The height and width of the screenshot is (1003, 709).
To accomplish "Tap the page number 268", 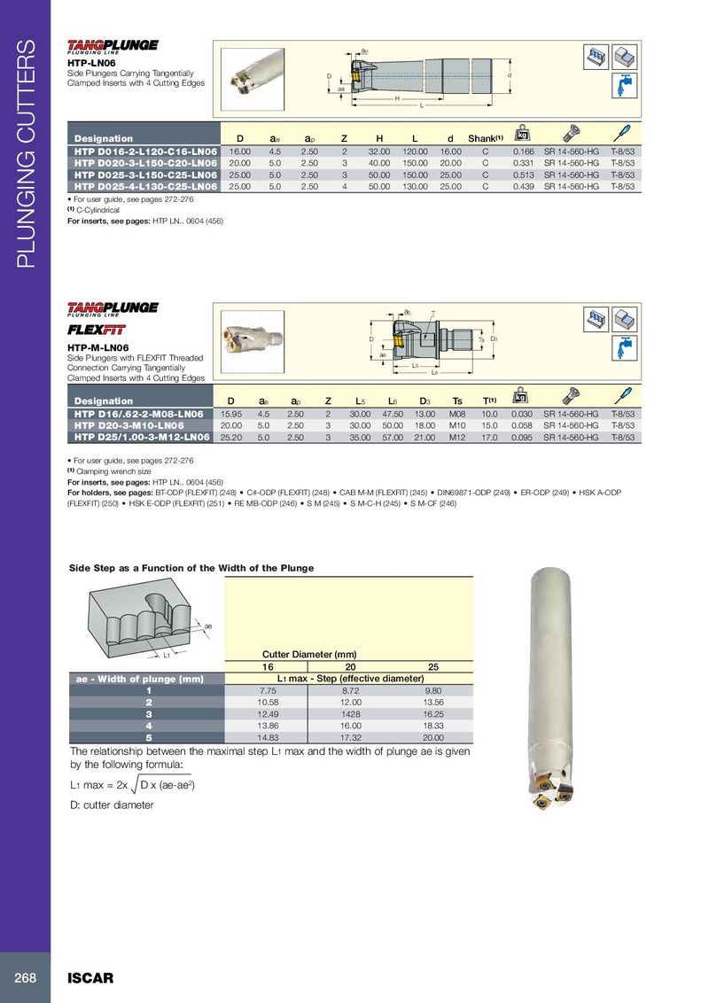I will coord(25,977).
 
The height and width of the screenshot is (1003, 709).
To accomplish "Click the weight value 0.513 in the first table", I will coord(523,175).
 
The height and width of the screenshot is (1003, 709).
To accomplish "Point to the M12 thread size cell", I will coord(457,438).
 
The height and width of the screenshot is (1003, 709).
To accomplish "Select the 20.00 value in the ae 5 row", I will coord(432,736).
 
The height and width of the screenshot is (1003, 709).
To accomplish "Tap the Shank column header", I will coord(485,138).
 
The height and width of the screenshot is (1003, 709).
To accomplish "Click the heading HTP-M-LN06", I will coord(98,347).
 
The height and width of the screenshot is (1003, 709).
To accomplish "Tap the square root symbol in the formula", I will coord(135,785).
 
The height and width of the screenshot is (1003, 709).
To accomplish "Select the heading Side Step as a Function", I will coord(191,568).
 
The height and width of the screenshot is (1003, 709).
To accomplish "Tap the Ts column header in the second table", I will coord(457,401).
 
